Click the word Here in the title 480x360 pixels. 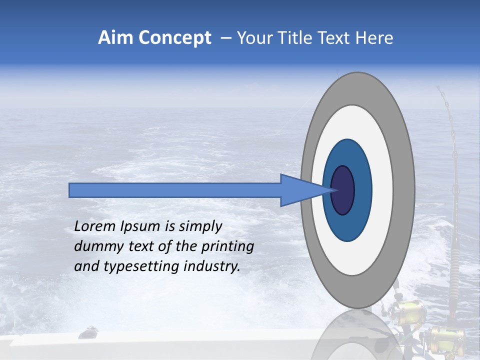coord(376,38)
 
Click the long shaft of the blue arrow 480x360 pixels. coord(175,190)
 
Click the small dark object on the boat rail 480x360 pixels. coord(88,332)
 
